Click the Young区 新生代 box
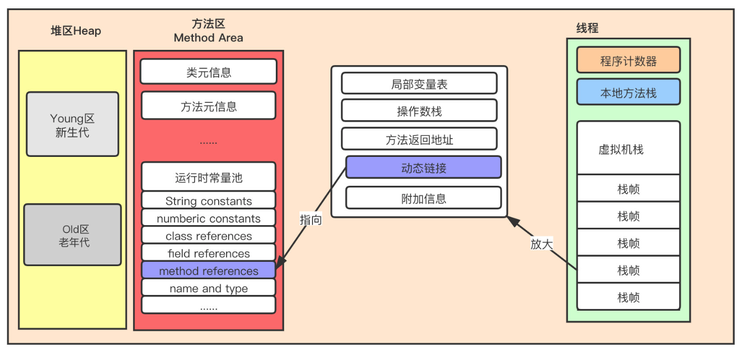[72, 124]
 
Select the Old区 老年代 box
[72, 235]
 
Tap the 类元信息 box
[208, 72]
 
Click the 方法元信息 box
[208, 106]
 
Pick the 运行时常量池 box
[208, 177]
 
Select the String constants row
[208, 200]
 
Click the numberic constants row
[208, 218]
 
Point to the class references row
[208, 236]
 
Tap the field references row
[208, 253]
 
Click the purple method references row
[208, 271]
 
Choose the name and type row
[208, 288]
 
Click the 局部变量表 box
[419, 84]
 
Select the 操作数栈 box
[419, 111]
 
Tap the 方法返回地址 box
[419, 140]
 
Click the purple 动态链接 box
[423, 168]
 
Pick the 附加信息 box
[423, 198]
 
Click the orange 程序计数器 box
[628, 60]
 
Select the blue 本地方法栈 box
[628, 93]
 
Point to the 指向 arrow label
[310, 220]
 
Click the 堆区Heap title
[76, 31]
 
